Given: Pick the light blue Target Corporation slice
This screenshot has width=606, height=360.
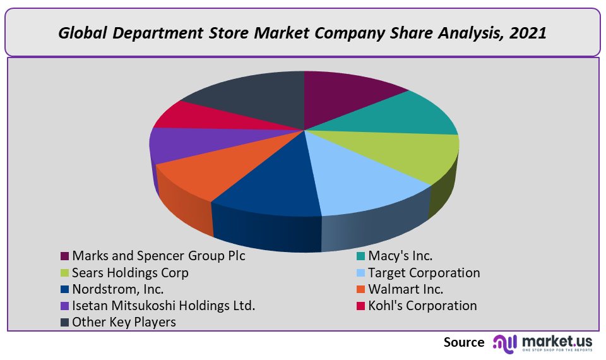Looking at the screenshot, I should coord(366,180).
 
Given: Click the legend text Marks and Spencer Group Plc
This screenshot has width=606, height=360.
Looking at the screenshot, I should coord(158,256).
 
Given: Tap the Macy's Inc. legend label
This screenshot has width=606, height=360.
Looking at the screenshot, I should coord(401,256).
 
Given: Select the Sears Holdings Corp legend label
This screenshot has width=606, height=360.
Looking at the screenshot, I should coord(130,273).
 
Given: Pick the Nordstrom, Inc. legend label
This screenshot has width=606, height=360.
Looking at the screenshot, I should coord(118,289).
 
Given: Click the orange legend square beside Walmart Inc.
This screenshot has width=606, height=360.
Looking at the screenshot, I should coord(361,290).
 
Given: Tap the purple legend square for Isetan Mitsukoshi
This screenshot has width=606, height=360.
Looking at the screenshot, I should coord(64,306).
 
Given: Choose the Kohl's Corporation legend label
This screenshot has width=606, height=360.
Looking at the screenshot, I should coord(423,306).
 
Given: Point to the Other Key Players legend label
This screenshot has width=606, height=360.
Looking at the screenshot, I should coord(124,322).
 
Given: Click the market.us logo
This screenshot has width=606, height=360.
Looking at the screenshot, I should coord(543,343).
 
